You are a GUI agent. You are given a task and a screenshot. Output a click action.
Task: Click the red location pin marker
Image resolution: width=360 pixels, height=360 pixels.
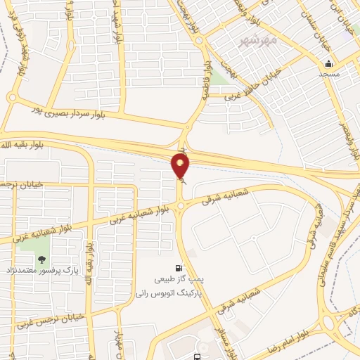pos(181,166)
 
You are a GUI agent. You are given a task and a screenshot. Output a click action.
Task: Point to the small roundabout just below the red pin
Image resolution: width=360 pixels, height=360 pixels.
pos(181,205)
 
